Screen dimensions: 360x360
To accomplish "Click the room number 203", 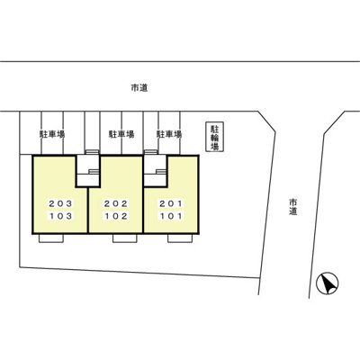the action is click(60, 203).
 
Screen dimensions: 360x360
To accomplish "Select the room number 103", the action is click(60, 216).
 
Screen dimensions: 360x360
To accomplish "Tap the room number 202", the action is click(116, 203).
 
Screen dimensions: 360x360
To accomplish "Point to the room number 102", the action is click(116, 216).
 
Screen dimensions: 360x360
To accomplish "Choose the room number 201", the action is click(171, 203).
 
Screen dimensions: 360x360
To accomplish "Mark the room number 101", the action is click(171, 216).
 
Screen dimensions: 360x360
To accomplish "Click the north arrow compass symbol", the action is click(328, 283).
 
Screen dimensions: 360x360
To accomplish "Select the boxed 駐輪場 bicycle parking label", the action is click(214, 137).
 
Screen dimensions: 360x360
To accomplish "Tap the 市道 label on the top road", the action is click(139, 88).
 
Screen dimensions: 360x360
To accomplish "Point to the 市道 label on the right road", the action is click(293, 207).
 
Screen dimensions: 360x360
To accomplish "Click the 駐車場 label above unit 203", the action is click(52, 134).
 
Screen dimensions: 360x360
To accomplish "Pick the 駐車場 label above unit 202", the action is click(121, 134).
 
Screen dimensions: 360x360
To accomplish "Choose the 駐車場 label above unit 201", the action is click(169, 134).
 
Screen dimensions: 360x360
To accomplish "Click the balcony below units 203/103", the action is click(51, 238).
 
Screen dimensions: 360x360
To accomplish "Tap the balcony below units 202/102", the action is click(125, 238).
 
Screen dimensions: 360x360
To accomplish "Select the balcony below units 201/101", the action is click(180, 238).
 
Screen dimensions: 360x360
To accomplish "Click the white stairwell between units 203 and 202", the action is click(87, 171).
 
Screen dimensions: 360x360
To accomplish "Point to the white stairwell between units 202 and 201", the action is click(155, 171).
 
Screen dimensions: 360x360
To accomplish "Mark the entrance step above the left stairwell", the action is click(92, 152).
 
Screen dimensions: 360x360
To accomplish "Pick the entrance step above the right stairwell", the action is click(150, 152).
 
